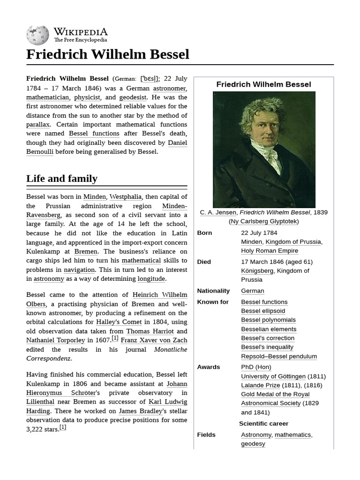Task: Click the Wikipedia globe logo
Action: click(38, 35)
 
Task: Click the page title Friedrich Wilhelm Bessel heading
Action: click(108, 54)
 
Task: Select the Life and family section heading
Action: click(62, 179)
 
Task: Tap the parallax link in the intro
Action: click(38, 125)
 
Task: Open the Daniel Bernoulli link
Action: click(177, 142)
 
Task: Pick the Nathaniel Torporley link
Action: click(56, 340)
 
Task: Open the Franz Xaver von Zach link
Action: click(154, 340)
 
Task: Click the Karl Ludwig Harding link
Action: click(168, 402)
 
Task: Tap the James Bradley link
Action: click(140, 411)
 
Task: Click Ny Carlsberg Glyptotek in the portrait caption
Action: click(263, 221)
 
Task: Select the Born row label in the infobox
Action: click(204, 233)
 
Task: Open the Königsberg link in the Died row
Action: click(257, 270)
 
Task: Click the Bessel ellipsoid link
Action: click(263, 311)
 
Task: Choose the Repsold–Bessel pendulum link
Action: click(279, 356)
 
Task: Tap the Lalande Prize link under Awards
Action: click(261, 385)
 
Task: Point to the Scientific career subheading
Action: click(263, 424)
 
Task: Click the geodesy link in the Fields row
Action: click(253, 444)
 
